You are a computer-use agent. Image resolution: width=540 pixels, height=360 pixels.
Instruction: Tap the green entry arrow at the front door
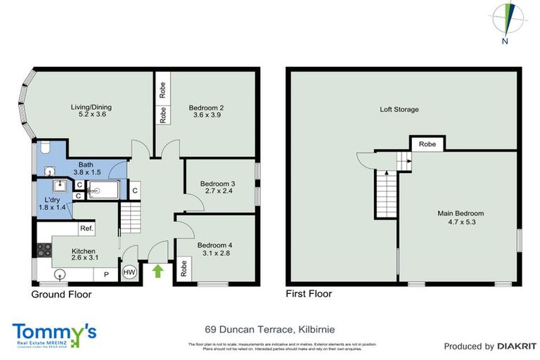pyautogui.click(x=158, y=271)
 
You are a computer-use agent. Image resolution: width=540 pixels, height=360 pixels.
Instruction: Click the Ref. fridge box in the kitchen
pyautogui.click(x=86, y=229)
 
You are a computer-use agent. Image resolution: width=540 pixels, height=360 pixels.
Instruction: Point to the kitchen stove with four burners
pyautogui.click(x=44, y=248)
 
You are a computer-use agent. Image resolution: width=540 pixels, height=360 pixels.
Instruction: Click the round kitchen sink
pyautogui.click(x=60, y=273)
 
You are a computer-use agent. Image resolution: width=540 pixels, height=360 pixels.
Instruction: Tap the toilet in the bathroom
pyautogui.click(x=44, y=148)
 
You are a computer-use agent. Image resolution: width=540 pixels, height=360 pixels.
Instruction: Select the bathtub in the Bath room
pyautogui.click(x=105, y=190)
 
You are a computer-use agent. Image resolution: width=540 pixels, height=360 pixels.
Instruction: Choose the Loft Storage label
pyautogui.click(x=399, y=110)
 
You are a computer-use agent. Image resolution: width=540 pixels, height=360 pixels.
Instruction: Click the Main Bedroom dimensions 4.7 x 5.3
pyautogui.click(x=461, y=222)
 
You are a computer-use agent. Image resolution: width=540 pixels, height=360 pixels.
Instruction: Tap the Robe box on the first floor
pyautogui.click(x=427, y=143)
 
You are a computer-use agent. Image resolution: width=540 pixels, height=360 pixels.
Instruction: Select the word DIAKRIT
pyautogui.click(x=516, y=346)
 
